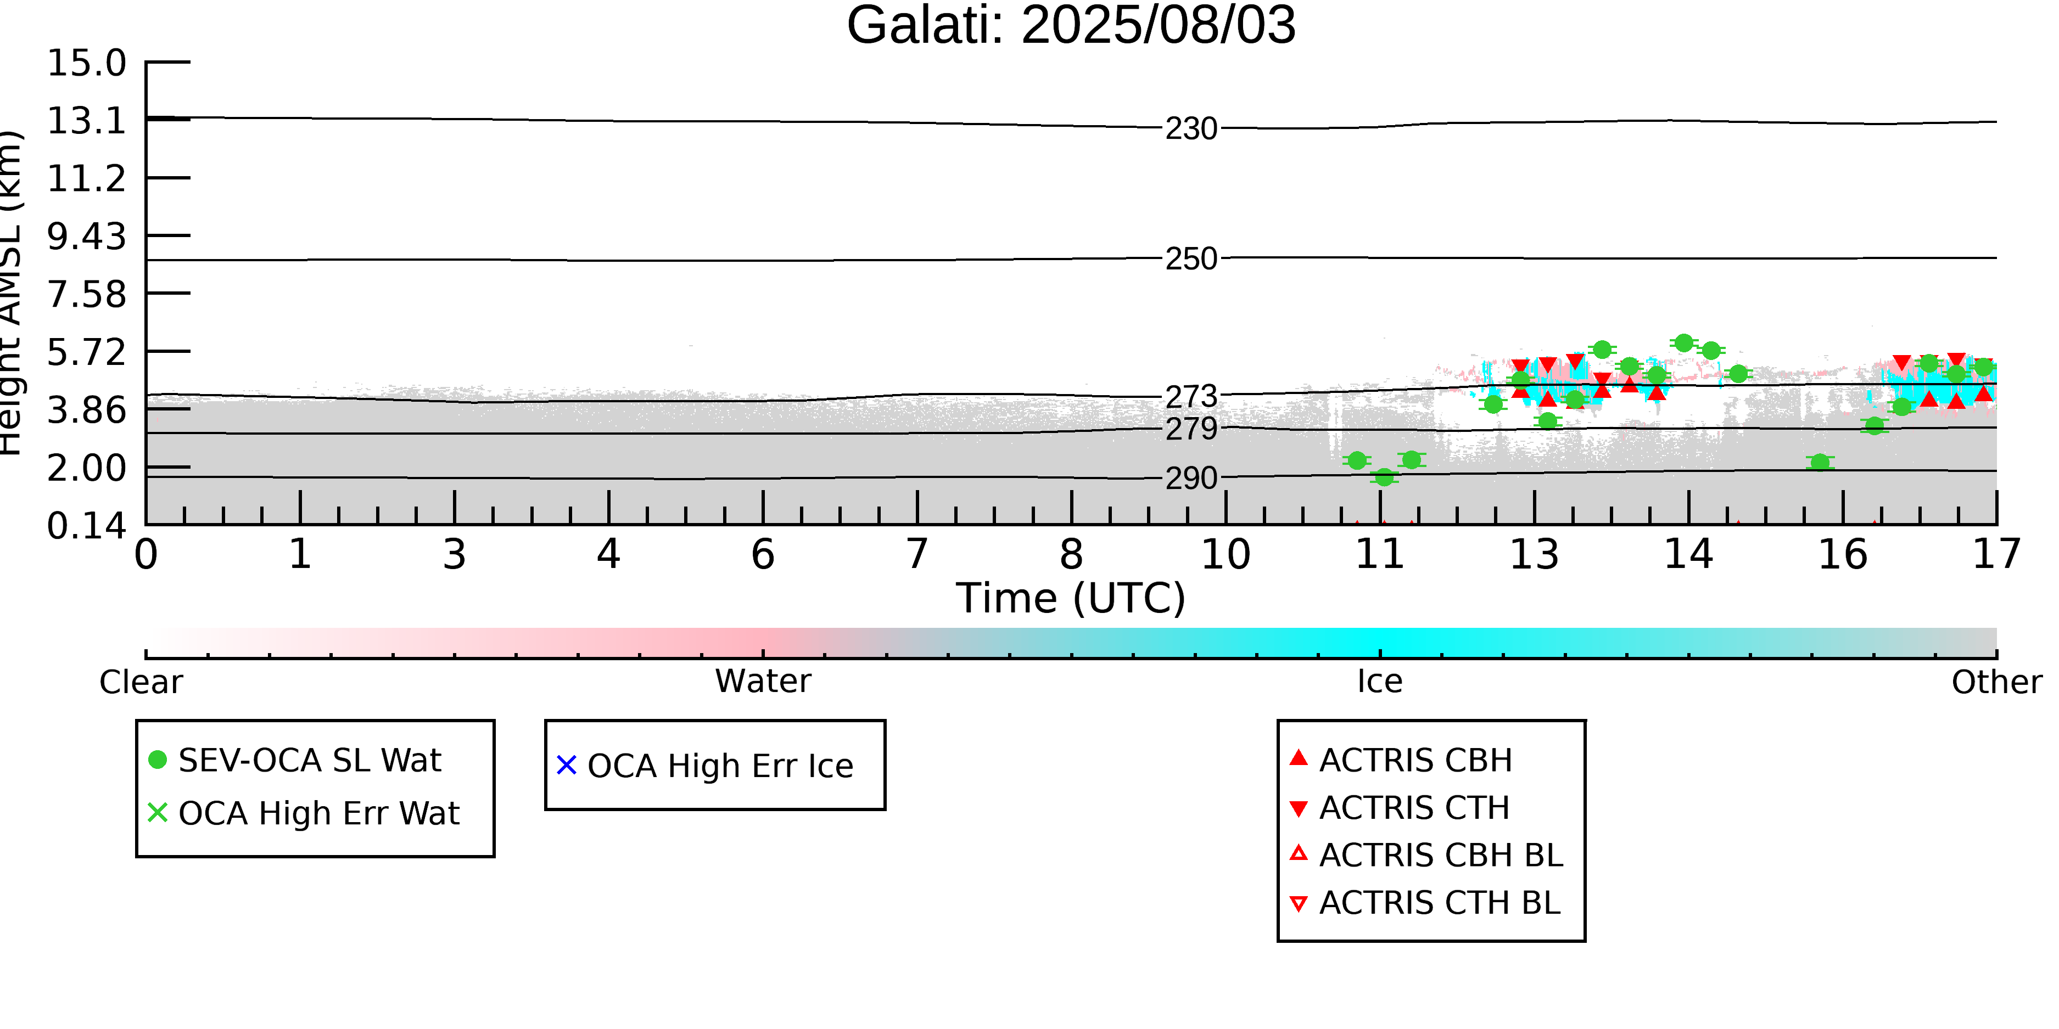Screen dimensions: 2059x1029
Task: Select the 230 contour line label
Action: click(x=1191, y=128)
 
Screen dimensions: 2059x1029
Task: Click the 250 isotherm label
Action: click(x=1191, y=259)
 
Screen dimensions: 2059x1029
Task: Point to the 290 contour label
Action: click(x=1191, y=479)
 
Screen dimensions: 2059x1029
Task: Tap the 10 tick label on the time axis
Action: click(x=1226, y=554)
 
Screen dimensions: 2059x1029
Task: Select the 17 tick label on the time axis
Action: click(x=1996, y=554)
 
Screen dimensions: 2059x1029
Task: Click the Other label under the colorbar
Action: click(x=1996, y=682)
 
